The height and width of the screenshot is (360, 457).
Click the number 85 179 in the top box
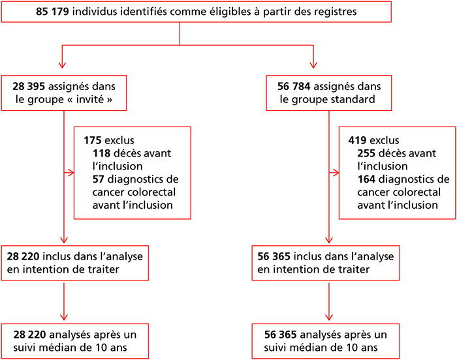tap(52, 12)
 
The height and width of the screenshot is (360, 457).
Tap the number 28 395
tap(29, 86)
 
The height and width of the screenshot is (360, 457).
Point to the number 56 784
tap(294, 86)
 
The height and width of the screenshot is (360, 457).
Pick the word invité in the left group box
tap(89, 99)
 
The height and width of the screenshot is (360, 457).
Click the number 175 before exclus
tap(93, 140)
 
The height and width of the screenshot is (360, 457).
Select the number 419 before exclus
tap(357, 140)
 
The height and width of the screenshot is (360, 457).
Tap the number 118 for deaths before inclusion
tap(101, 153)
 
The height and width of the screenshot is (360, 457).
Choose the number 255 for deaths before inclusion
tap(366, 153)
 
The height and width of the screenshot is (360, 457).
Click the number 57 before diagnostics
tap(99, 179)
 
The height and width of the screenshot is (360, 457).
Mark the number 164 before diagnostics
tap(366, 179)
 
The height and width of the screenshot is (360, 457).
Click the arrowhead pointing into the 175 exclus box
tap(71, 173)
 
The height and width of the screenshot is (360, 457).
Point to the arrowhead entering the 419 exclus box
tap(336, 173)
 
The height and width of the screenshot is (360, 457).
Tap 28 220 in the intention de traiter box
tap(23, 256)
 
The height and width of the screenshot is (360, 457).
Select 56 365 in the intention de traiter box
tap(274, 256)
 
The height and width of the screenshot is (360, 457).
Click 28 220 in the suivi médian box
tap(29, 335)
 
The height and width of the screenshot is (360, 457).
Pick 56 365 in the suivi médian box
tap(280, 335)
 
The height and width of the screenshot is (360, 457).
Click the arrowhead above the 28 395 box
tap(62, 65)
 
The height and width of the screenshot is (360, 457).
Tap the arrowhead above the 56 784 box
tap(313, 65)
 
